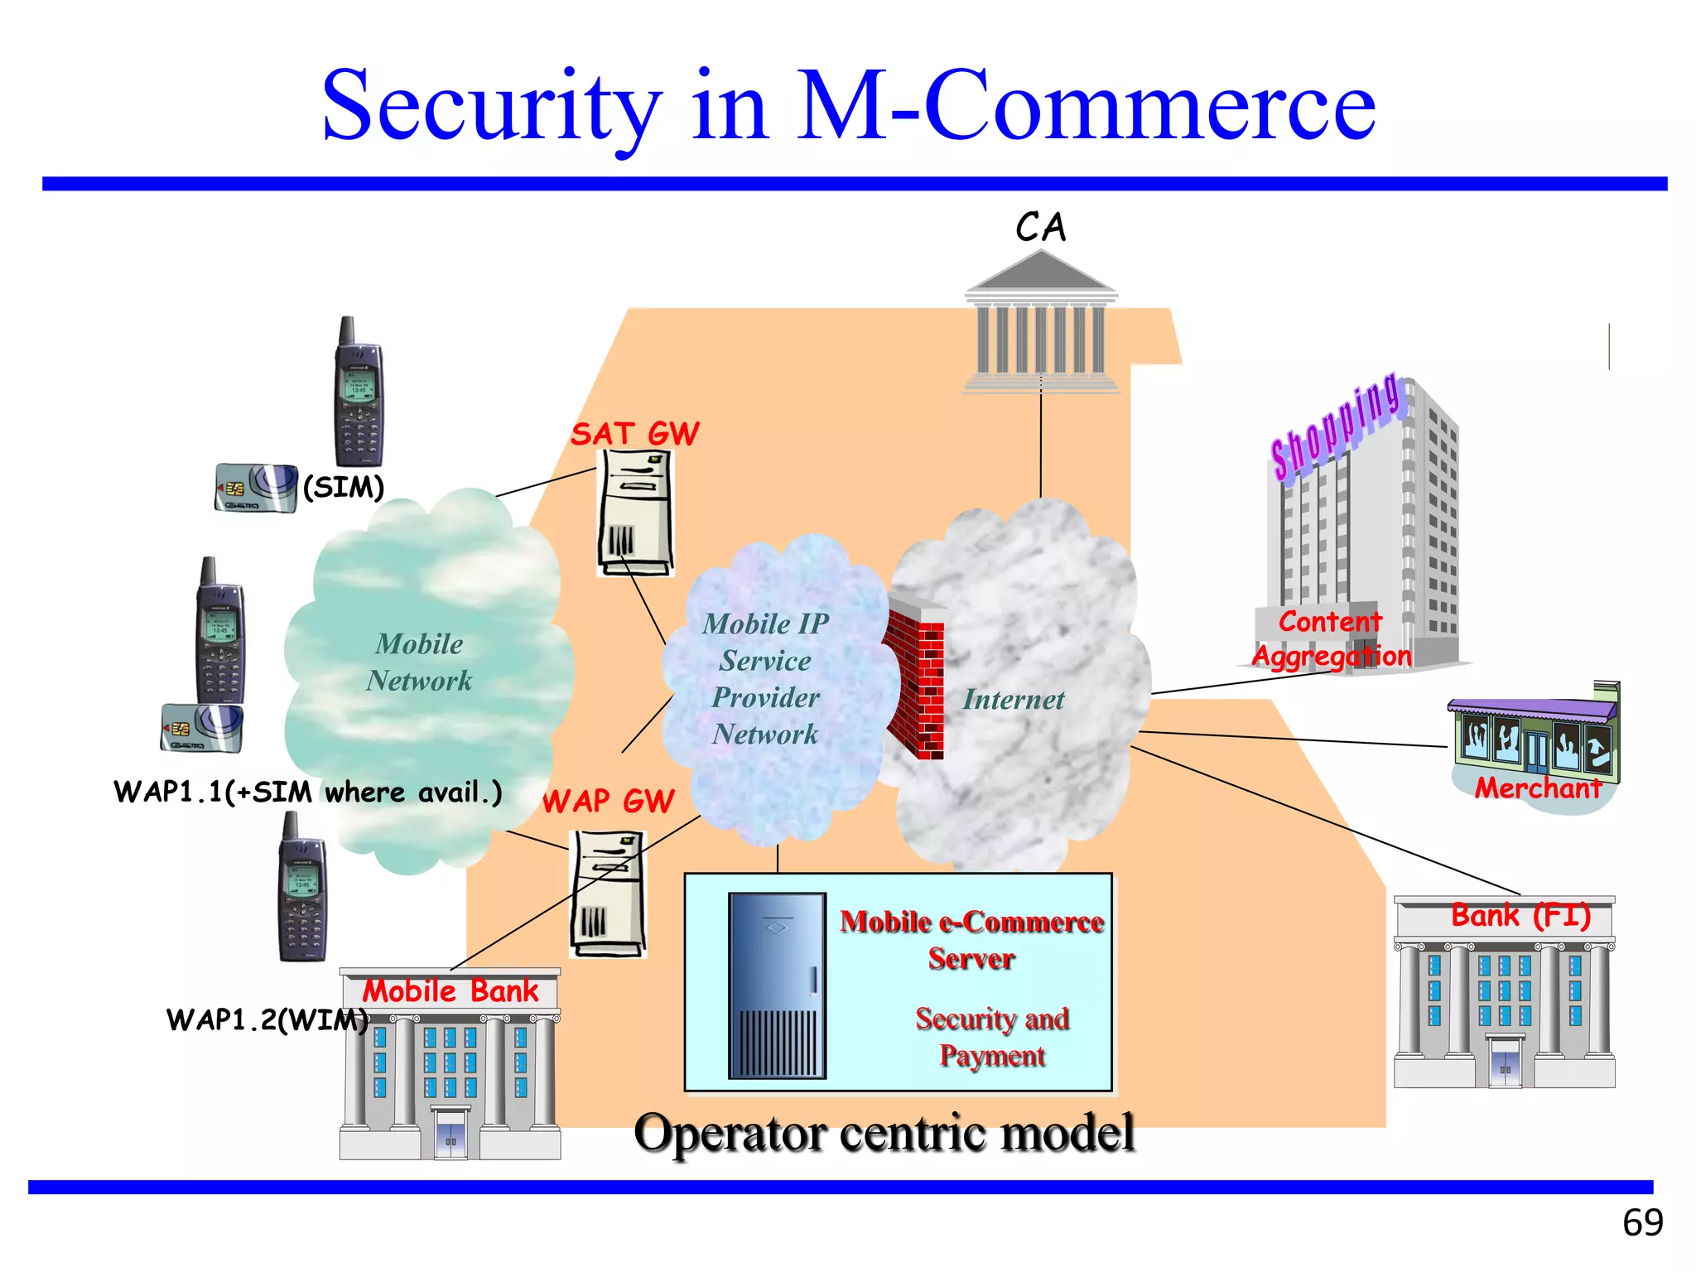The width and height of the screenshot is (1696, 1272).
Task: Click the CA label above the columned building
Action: tap(1040, 228)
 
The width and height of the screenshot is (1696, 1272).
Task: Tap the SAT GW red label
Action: tap(634, 434)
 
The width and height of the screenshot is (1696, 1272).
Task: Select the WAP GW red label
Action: tap(608, 801)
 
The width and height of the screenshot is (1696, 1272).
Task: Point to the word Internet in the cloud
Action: tap(1013, 700)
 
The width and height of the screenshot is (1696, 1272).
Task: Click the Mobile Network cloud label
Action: tap(419, 662)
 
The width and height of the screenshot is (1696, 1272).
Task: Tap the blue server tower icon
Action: tap(777, 985)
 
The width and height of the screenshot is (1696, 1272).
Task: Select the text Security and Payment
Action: tap(991, 1037)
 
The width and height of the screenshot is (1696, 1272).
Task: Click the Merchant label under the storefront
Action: tap(1537, 788)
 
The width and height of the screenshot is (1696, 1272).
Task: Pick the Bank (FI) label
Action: tap(1520, 916)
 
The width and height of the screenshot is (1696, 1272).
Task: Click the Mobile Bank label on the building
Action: tap(450, 990)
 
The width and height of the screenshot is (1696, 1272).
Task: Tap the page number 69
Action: tap(1642, 1222)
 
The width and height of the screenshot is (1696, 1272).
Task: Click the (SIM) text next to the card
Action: tap(344, 487)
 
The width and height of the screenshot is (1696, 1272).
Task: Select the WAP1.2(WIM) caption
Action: tap(267, 1019)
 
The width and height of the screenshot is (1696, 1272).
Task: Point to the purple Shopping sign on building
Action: tap(1335, 426)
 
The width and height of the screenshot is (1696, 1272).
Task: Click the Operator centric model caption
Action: tap(884, 1132)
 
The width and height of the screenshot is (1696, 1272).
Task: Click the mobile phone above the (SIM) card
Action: tap(359, 393)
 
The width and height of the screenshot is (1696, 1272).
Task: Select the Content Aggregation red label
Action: tap(1330, 638)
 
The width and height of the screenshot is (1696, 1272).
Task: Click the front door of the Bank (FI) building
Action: tap(1505, 1063)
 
